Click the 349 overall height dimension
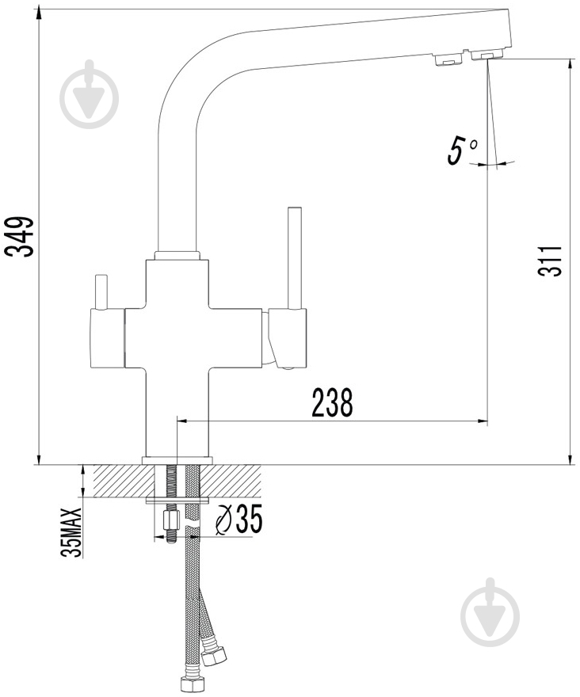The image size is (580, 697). [19, 236]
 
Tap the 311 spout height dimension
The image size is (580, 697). [550, 261]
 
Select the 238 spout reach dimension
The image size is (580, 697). [332, 402]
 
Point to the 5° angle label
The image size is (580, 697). [463, 150]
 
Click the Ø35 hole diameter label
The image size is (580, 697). [238, 519]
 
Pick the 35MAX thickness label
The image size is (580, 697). [71, 532]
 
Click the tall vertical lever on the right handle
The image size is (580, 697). [295, 258]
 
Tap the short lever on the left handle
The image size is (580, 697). [101, 291]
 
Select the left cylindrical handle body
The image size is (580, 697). [108, 338]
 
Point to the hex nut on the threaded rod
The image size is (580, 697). [171, 520]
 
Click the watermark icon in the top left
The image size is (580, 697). [90, 94]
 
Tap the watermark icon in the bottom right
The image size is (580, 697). [490, 612]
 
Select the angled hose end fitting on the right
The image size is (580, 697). [213, 653]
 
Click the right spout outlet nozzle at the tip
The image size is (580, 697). [487, 55]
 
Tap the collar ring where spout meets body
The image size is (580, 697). [177, 255]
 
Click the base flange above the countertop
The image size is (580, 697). [177, 460]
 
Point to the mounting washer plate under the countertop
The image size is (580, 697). [177, 501]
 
